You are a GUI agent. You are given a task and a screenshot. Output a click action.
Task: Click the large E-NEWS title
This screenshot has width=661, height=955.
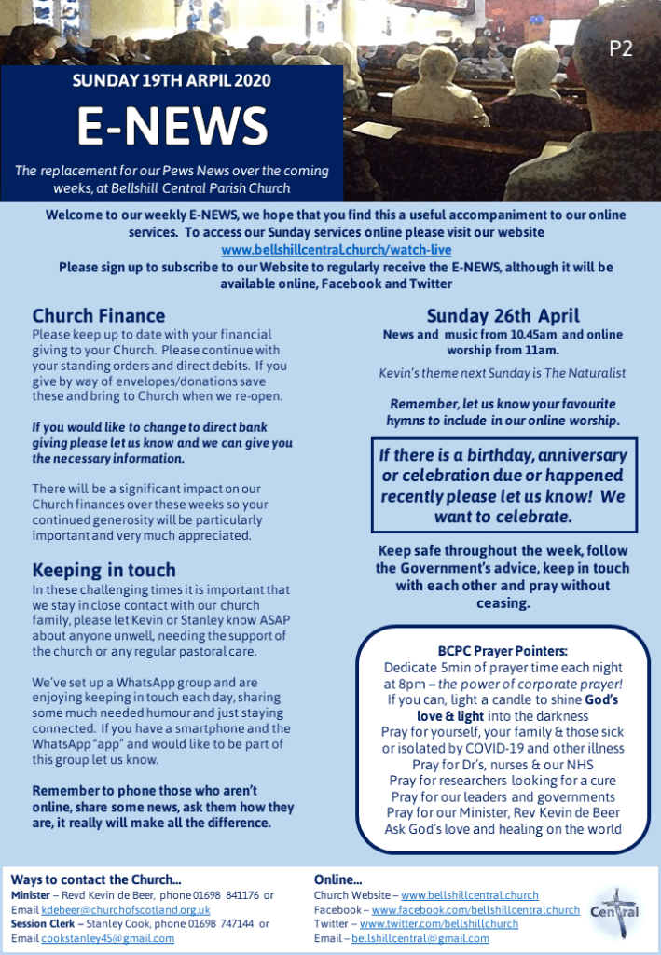click(172, 127)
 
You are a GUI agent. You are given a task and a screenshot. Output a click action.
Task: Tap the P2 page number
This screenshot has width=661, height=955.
click(621, 49)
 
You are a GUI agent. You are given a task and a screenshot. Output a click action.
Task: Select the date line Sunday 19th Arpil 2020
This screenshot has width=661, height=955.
click(172, 81)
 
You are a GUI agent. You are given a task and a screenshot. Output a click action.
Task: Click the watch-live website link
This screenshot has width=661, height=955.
click(336, 250)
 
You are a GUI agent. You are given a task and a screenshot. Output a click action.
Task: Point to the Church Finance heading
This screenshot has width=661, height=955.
click(99, 316)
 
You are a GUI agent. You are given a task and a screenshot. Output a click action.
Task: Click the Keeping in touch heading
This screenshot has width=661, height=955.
click(103, 570)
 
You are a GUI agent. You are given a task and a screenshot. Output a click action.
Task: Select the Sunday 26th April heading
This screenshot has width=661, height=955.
click(503, 315)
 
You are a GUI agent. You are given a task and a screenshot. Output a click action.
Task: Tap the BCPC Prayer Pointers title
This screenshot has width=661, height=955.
click(503, 651)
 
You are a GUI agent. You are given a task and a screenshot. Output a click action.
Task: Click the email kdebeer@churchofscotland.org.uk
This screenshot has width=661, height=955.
click(126, 909)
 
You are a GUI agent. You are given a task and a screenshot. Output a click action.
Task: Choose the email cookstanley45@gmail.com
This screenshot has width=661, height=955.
click(108, 938)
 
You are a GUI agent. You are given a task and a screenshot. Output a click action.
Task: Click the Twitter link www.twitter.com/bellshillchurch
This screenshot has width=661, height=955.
click(446, 923)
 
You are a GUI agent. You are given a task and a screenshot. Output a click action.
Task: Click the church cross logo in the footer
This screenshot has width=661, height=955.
click(615, 909)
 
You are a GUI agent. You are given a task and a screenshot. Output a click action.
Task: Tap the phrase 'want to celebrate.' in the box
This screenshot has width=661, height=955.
click(503, 516)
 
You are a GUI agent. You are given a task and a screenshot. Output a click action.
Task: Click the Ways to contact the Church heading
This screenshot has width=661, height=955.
click(96, 879)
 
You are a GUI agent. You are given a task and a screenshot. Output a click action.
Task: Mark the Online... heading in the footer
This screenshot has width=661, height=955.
click(337, 879)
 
